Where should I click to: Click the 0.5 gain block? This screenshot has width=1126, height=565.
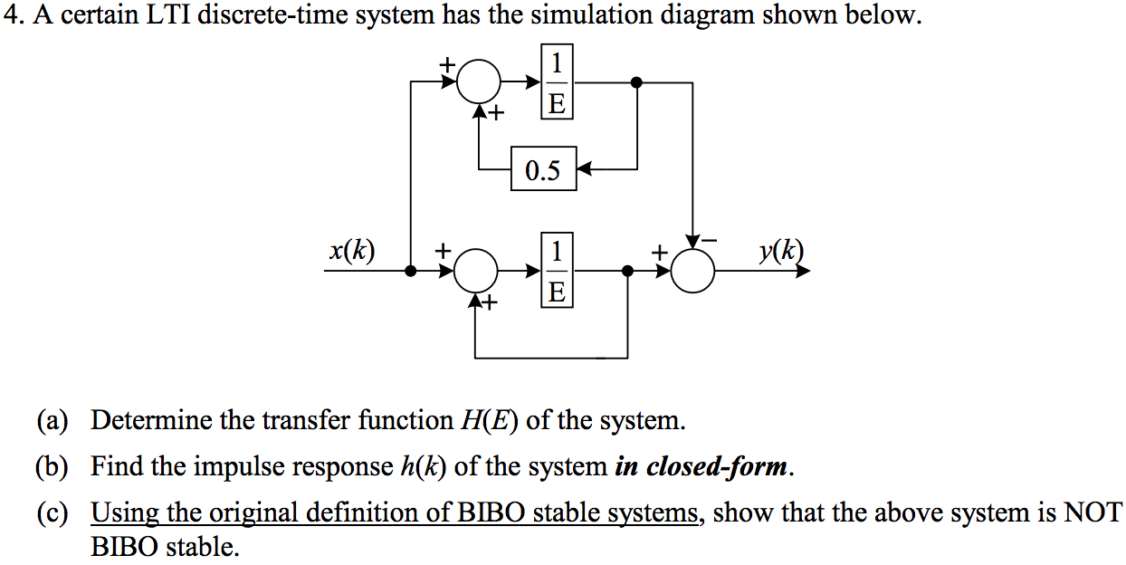point(543,170)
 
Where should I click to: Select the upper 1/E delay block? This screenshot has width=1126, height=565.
point(557,82)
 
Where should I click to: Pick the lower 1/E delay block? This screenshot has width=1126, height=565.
point(557,270)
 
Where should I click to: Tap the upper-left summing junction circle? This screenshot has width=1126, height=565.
point(479,82)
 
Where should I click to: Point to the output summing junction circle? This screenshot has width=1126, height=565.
point(693,270)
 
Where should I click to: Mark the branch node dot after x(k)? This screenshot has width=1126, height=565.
point(411,270)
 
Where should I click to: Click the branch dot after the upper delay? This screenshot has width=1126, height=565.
point(637,82)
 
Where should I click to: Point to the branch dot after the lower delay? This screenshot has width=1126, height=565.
point(628,270)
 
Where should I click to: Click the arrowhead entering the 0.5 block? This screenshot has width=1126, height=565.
point(584,169)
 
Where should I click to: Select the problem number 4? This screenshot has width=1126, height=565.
point(11,18)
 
